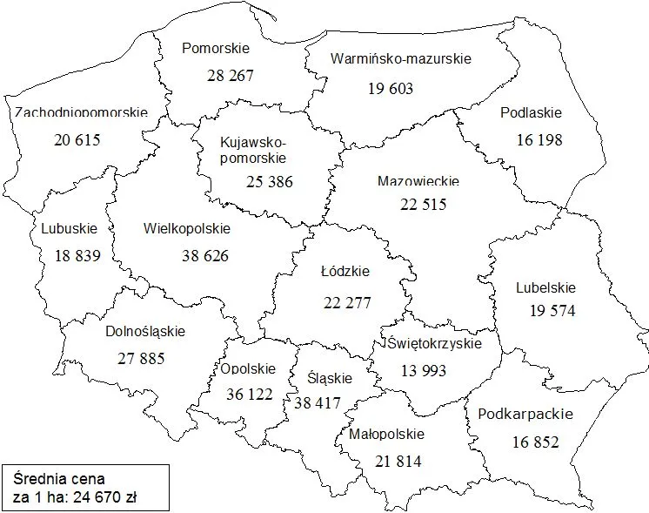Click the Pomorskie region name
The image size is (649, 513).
(215, 48)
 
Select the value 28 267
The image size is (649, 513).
(231, 76)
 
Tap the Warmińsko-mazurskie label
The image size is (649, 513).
(401, 59)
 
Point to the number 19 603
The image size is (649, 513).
(390, 88)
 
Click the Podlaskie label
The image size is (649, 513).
(531, 112)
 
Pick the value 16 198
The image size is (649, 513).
(539, 139)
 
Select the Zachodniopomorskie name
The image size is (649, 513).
(81, 113)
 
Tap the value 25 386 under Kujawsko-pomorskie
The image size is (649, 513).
(269, 182)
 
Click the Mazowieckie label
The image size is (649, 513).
(418, 182)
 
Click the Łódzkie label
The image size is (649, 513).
(345, 272)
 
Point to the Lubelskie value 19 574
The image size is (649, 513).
(552, 310)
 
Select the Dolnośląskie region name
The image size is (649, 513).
(145, 331)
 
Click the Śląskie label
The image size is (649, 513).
(330, 378)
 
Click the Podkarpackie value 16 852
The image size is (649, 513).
(535, 442)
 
